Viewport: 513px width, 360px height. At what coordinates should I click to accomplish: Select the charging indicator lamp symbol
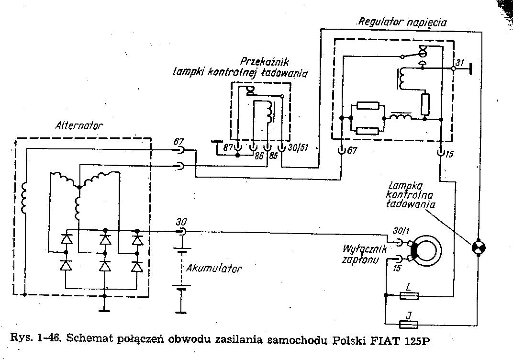(x=478, y=247)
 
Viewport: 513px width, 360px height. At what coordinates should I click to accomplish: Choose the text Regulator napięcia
(x=402, y=22)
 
